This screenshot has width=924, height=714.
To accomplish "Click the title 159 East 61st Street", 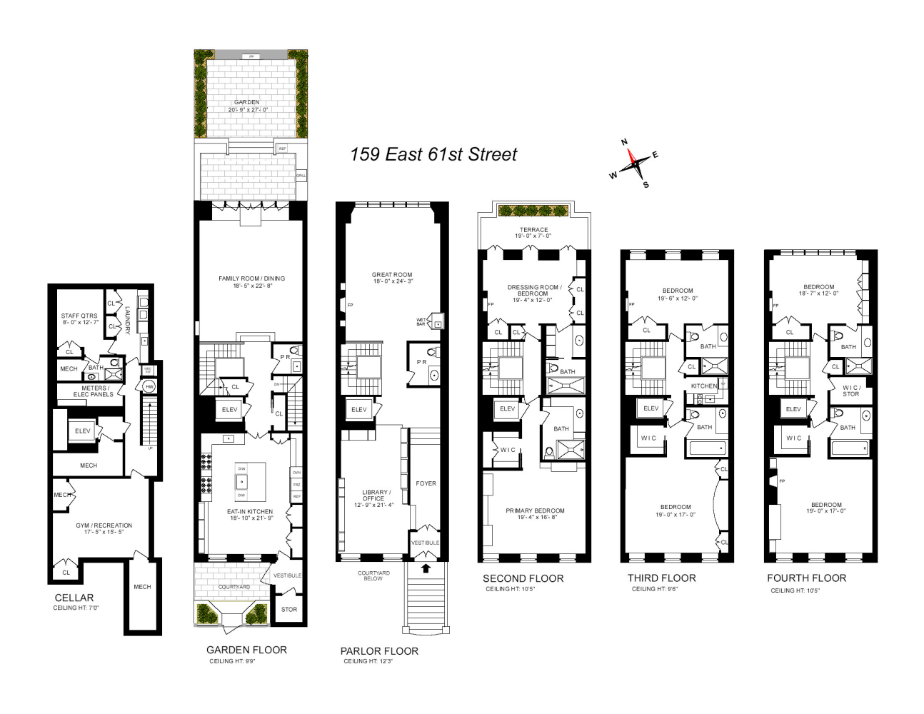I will click(433, 155).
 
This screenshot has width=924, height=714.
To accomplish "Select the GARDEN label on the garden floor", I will click(247, 103).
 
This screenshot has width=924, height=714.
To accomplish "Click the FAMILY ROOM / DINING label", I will click(251, 279).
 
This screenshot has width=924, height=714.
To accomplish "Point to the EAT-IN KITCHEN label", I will click(250, 512).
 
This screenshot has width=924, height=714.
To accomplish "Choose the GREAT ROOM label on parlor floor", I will click(392, 275).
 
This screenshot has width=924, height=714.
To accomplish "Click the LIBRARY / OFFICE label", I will click(375, 496).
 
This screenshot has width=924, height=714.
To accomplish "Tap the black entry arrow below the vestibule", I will click(426, 568).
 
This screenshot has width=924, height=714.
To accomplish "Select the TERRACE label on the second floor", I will click(533, 231).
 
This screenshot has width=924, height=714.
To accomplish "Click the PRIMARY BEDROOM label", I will click(535, 511).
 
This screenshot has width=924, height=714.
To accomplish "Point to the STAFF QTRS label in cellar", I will click(79, 316).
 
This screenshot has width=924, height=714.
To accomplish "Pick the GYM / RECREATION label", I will click(104, 526).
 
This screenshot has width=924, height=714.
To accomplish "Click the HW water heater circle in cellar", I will click(149, 386).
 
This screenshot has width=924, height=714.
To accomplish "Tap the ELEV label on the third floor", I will click(651, 408).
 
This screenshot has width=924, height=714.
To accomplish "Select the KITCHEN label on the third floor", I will click(703, 386).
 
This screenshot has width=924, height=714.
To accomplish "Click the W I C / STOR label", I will click(850, 391).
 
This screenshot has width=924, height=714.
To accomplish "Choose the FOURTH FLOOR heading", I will click(806, 578).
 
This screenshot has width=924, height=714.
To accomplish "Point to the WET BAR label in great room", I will click(421, 322).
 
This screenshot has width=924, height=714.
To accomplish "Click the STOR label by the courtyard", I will click(288, 610).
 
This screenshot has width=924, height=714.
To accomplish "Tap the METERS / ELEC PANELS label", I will click(93, 391).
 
